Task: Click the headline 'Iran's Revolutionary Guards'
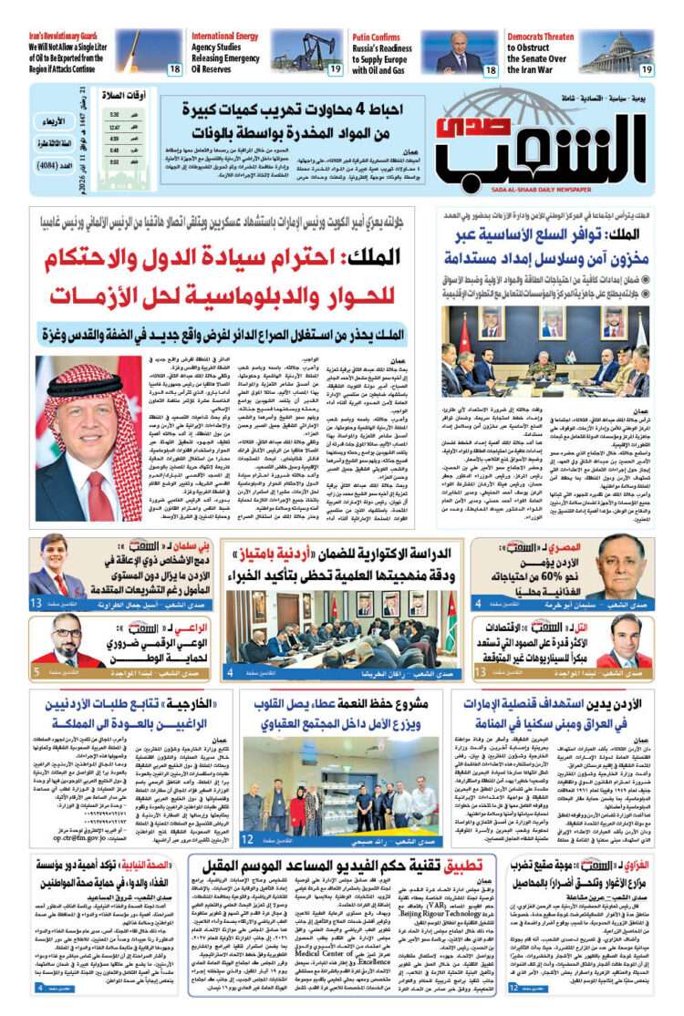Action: point(57,36)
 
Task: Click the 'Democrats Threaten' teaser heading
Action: point(541,36)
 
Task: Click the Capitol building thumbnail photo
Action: point(617,52)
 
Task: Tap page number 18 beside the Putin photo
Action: point(490,69)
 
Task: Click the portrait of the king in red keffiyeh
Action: point(89,438)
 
